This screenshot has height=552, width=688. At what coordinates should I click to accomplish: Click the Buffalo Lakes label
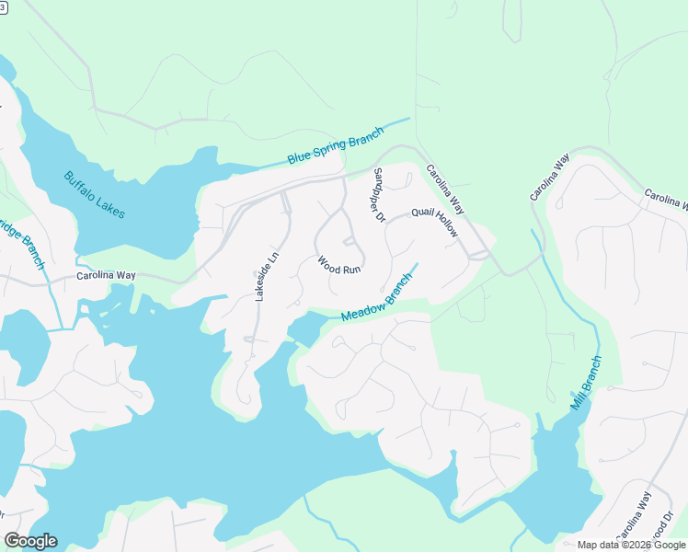(x=94, y=194)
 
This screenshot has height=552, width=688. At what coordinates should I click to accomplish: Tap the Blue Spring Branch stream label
(x=335, y=146)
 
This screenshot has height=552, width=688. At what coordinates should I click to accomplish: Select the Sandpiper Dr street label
(x=378, y=195)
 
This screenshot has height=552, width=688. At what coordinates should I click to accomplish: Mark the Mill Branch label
(x=585, y=383)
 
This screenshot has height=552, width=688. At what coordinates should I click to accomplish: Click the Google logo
(x=30, y=540)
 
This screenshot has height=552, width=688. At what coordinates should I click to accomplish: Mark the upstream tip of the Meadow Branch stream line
(x=419, y=264)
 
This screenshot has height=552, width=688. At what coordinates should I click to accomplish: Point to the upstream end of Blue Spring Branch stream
(x=408, y=119)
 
